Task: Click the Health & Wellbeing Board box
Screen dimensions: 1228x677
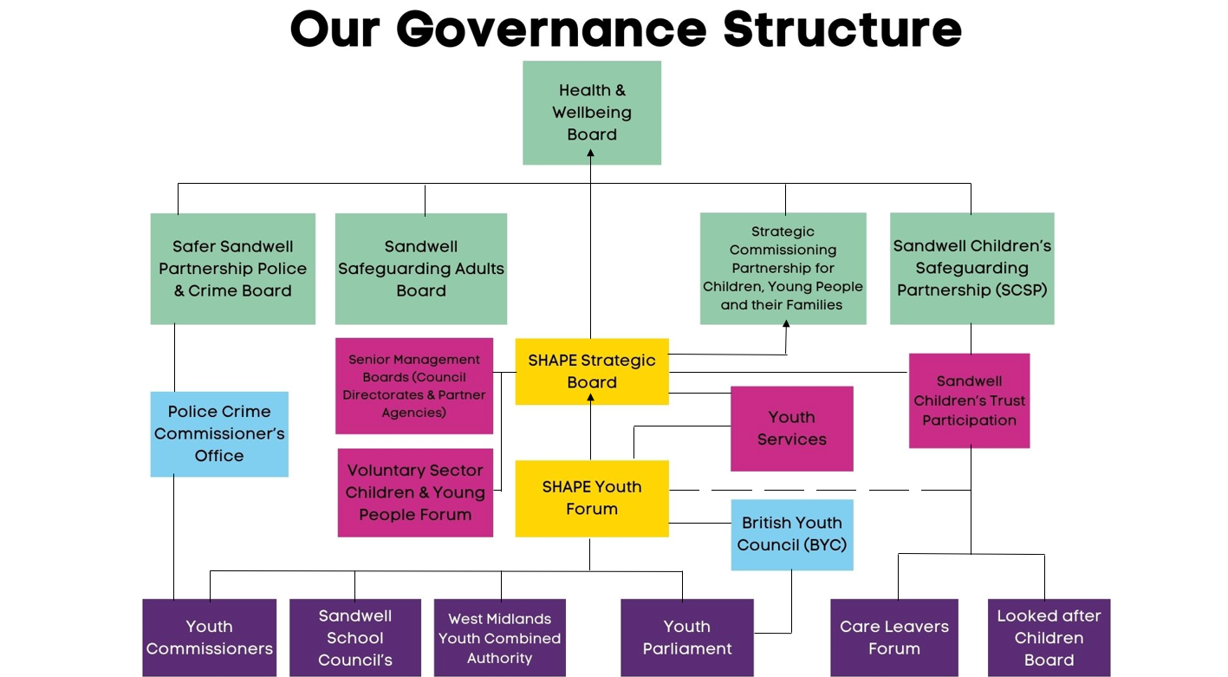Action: click(x=592, y=113)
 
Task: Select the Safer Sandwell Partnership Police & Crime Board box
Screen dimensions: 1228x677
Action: click(x=233, y=269)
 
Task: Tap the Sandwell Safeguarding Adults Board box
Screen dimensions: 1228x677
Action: click(x=421, y=269)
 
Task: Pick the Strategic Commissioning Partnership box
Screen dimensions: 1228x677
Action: click(x=783, y=269)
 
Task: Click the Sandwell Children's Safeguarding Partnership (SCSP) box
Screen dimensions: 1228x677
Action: click(x=972, y=269)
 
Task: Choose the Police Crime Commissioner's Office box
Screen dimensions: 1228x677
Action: click(x=219, y=433)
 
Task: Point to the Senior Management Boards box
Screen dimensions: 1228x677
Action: click(x=414, y=386)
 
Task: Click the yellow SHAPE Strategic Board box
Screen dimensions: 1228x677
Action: click(x=592, y=372)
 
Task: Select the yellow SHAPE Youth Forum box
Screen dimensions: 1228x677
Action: click(x=592, y=498)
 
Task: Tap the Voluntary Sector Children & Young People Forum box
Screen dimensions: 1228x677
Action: click(x=415, y=492)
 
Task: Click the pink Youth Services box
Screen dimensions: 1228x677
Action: click(x=791, y=429)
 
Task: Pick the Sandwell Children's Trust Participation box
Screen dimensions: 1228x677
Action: click(x=969, y=400)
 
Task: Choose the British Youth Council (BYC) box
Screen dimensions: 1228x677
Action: click(x=791, y=535)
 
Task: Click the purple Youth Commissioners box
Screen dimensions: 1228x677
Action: click(x=210, y=637)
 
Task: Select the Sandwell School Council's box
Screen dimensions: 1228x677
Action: click(x=355, y=637)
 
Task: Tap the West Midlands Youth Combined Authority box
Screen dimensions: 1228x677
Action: click(x=499, y=637)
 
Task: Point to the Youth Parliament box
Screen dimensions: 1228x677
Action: click(x=687, y=637)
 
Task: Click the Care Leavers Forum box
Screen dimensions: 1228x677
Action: click(x=894, y=637)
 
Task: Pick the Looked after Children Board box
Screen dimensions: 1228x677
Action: click(x=1049, y=637)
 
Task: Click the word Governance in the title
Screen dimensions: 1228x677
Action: click(x=551, y=29)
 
